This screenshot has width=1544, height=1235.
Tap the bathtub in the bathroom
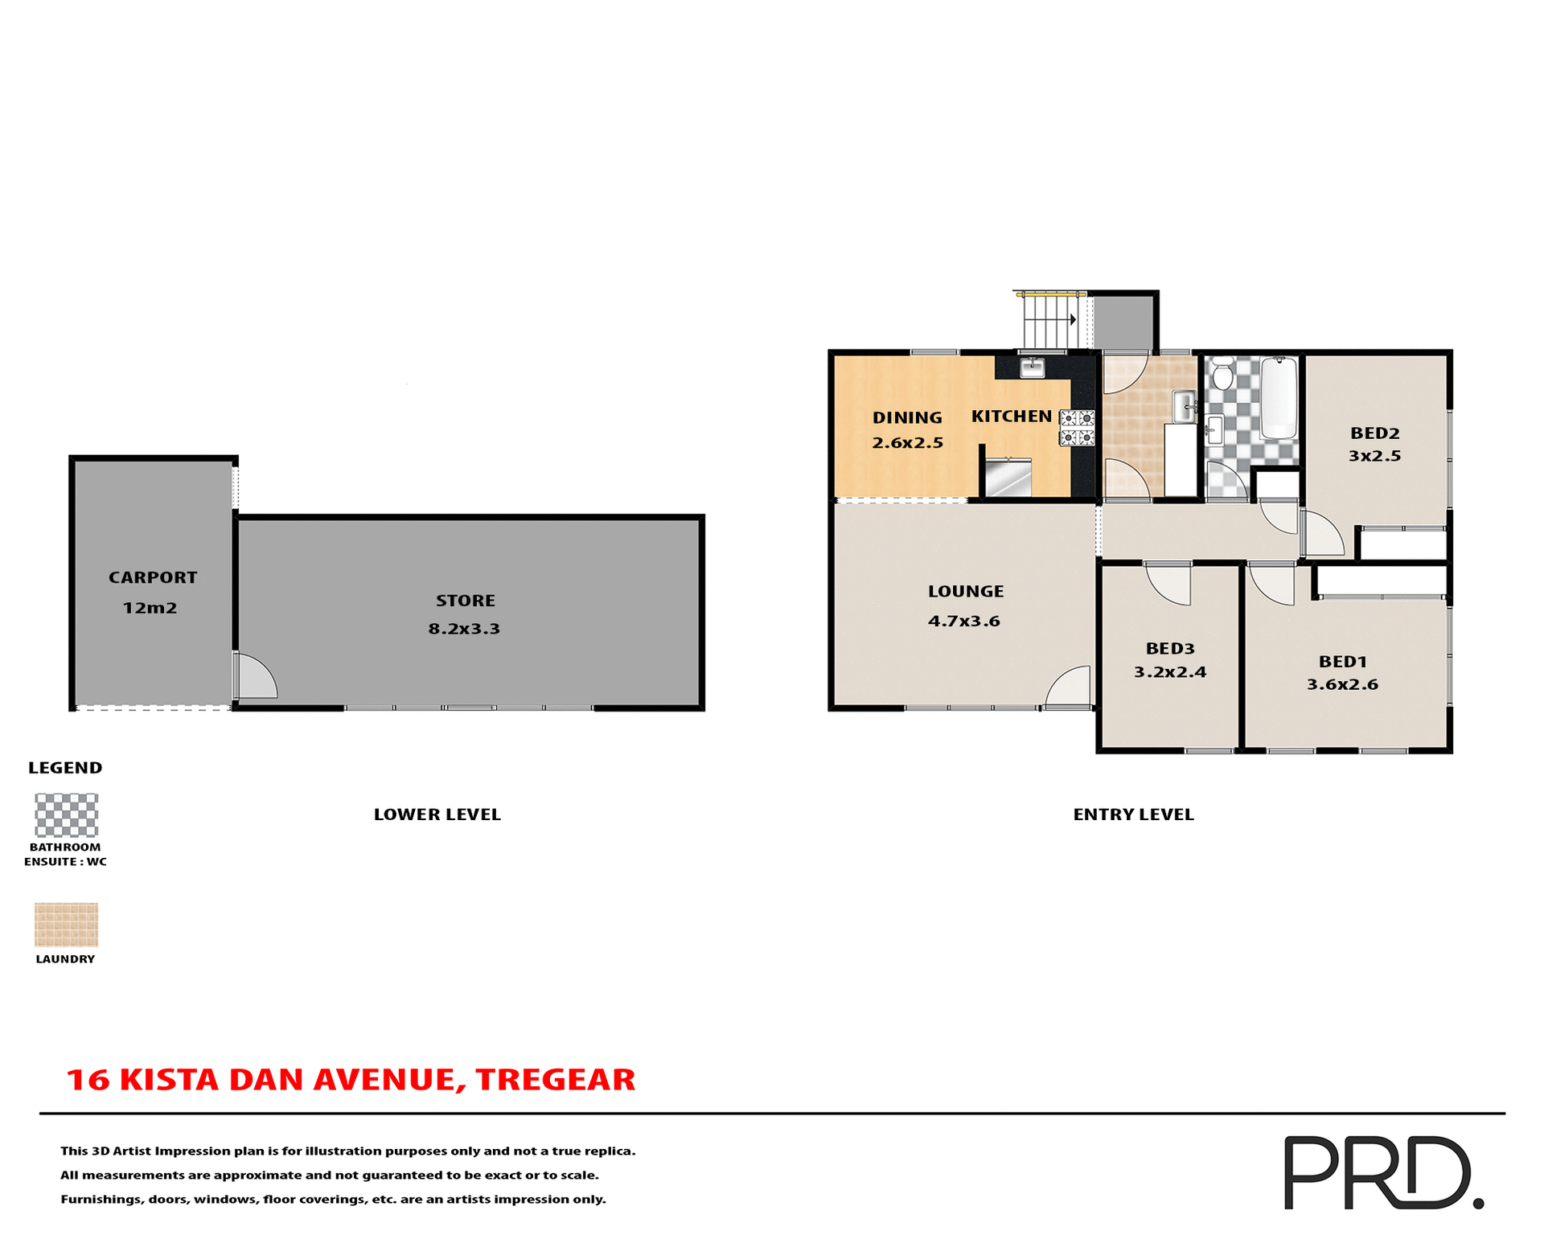(1279, 399)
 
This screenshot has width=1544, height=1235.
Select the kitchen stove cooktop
(1077, 428)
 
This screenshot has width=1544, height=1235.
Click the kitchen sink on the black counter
(1032, 367)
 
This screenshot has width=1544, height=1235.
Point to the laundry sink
(1184, 407)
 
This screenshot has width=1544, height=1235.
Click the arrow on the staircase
(1073, 319)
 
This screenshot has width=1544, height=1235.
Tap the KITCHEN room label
(1011, 416)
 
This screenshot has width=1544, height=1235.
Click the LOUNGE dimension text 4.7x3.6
(963, 621)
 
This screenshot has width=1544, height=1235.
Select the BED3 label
(1170, 648)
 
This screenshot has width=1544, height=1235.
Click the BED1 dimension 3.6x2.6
(1342, 684)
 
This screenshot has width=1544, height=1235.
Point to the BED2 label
(1375, 433)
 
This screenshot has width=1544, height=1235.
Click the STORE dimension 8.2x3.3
(464, 629)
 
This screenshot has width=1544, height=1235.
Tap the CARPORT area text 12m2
(150, 608)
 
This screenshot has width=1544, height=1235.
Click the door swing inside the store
(256, 678)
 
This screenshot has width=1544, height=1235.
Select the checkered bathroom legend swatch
(66, 815)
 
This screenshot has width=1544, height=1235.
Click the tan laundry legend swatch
(66, 925)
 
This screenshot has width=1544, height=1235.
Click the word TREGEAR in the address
(555, 1080)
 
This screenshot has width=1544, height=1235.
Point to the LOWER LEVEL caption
(437, 814)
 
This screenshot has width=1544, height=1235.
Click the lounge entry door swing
(1070, 689)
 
